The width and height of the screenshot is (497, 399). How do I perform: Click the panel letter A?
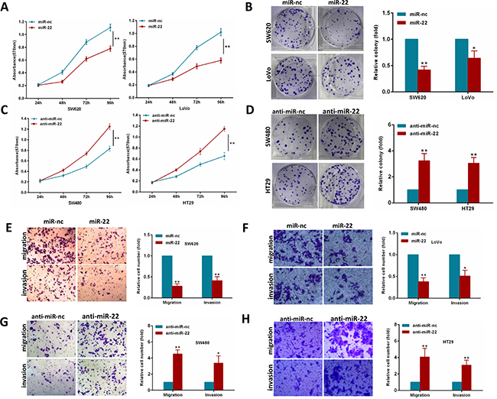click(5, 7)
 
